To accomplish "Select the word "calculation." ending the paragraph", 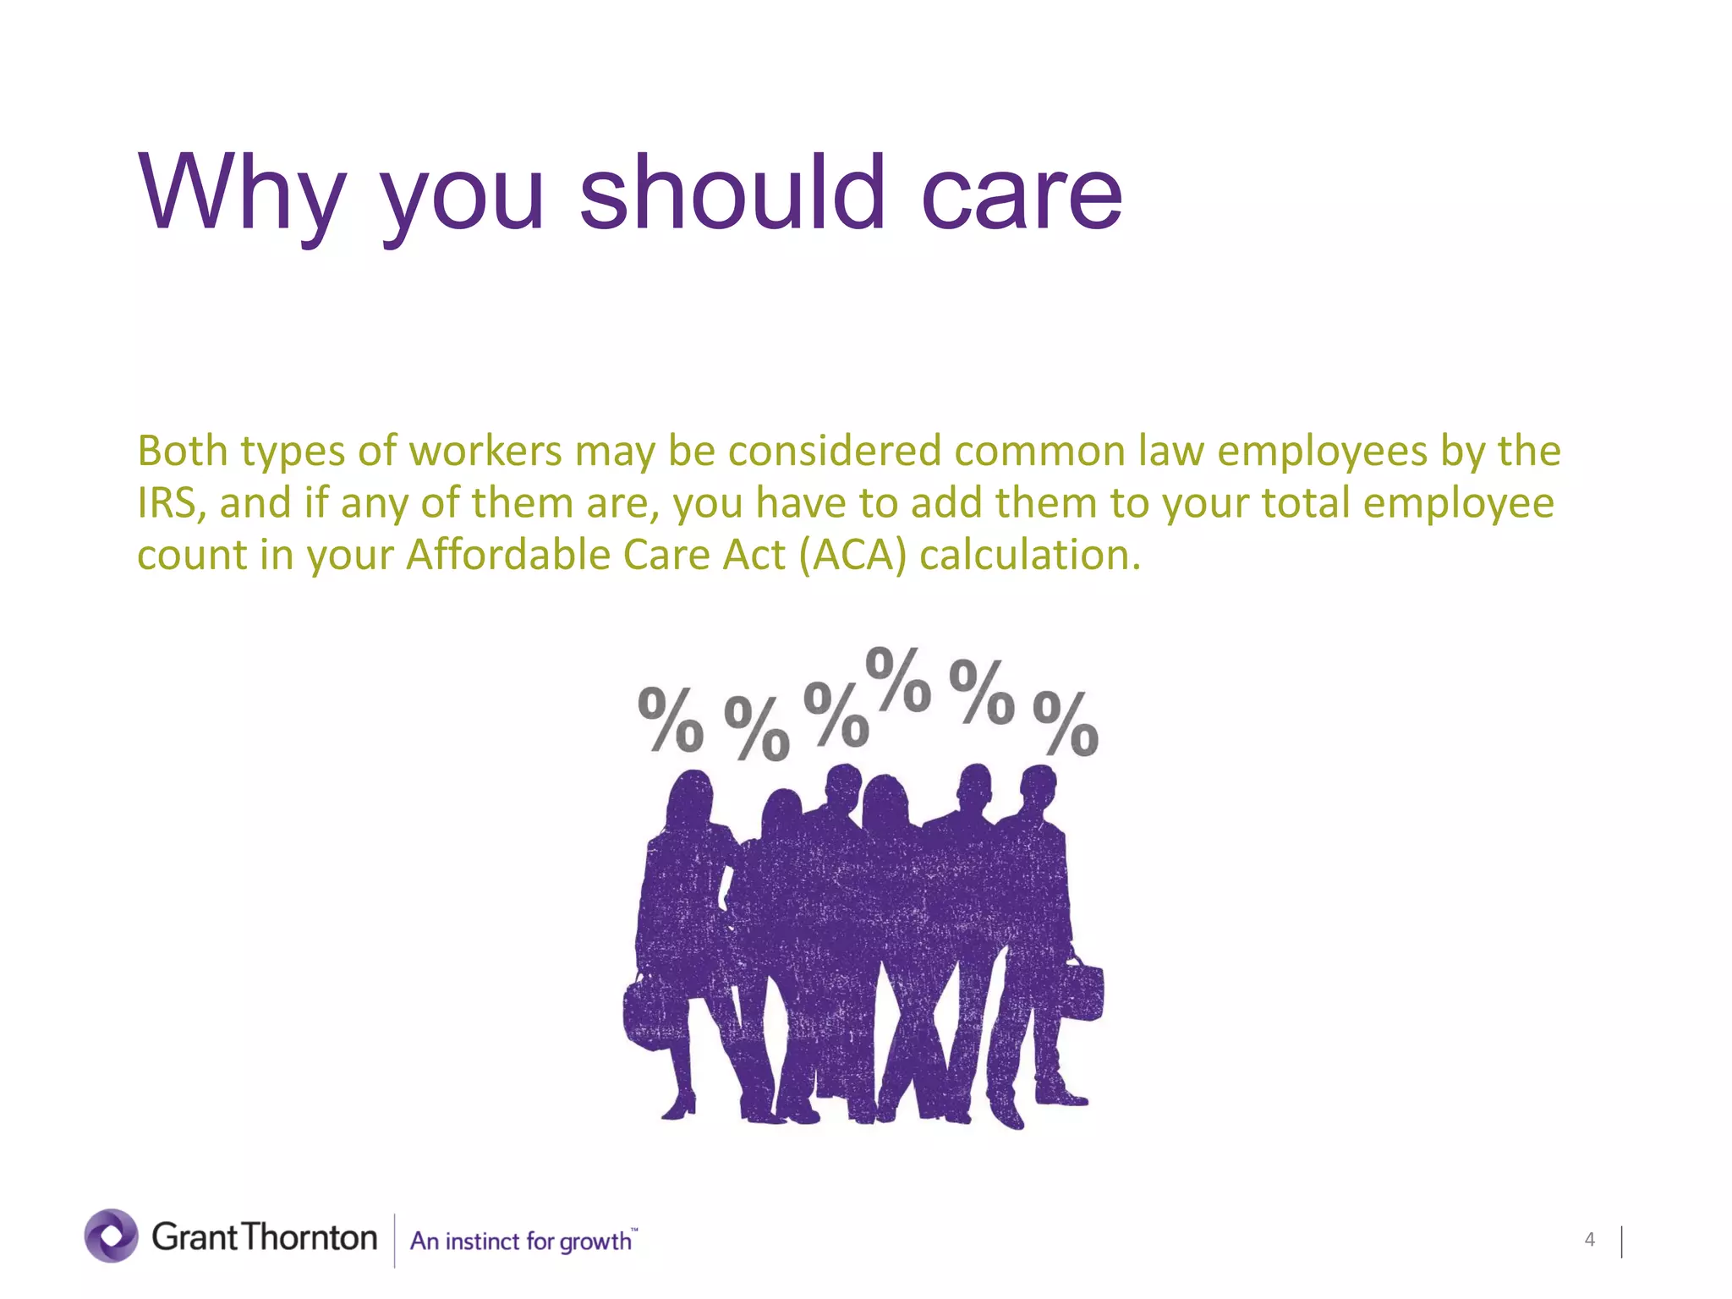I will pyautogui.click(x=1030, y=556).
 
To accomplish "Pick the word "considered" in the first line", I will pyautogui.click(x=834, y=451).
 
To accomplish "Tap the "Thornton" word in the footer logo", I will pyautogui.click(x=310, y=1237).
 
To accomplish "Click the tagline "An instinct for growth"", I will pyautogui.click(x=521, y=1241).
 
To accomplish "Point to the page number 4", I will pyautogui.click(x=1589, y=1240).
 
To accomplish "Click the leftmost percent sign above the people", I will pyautogui.click(x=670, y=719).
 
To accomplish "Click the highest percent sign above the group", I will pyautogui.click(x=898, y=679).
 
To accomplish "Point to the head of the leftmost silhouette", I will pyautogui.click(x=692, y=795).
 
